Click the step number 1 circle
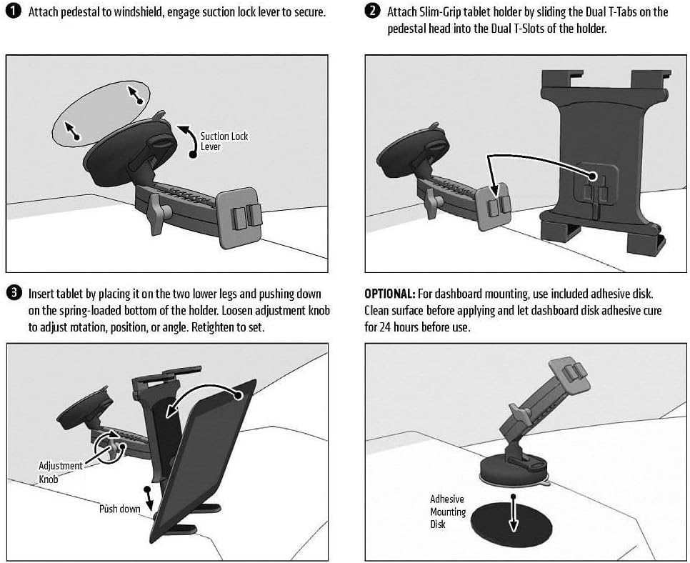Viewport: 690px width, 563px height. click(x=13, y=11)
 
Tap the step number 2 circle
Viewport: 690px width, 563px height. click(x=372, y=11)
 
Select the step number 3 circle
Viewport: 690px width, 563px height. click(x=14, y=293)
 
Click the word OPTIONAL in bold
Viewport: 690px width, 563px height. click(x=389, y=294)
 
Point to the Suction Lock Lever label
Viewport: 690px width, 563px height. click(x=224, y=141)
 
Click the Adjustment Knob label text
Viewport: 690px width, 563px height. click(x=60, y=472)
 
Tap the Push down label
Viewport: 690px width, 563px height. click(x=119, y=509)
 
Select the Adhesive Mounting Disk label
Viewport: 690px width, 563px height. click(x=448, y=512)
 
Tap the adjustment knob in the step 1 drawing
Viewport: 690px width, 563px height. click(x=157, y=214)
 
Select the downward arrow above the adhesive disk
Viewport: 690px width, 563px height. click(x=513, y=513)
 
